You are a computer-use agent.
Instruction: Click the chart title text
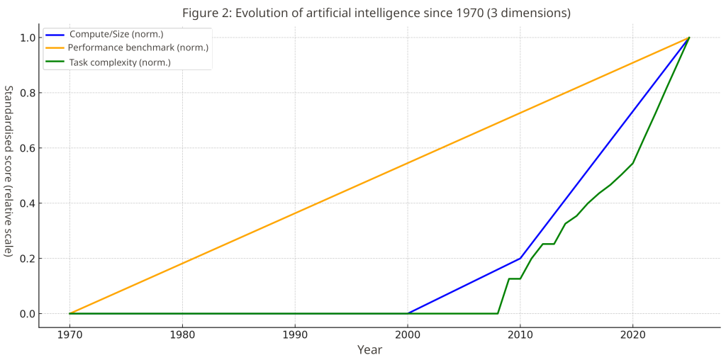click(x=376, y=13)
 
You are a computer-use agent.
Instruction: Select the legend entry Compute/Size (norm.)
click(x=116, y=34)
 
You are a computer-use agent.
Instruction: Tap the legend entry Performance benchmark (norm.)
click(x=138, y=48)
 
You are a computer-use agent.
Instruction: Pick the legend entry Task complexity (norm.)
click(x=119, y=62)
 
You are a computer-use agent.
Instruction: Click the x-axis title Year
click(x=369, y=350)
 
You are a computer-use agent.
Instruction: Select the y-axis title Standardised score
click(x=9, y=171)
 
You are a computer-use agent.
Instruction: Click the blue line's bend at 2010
click(x=520, y=258)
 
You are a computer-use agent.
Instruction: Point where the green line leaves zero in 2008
click(x=498, y=313)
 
